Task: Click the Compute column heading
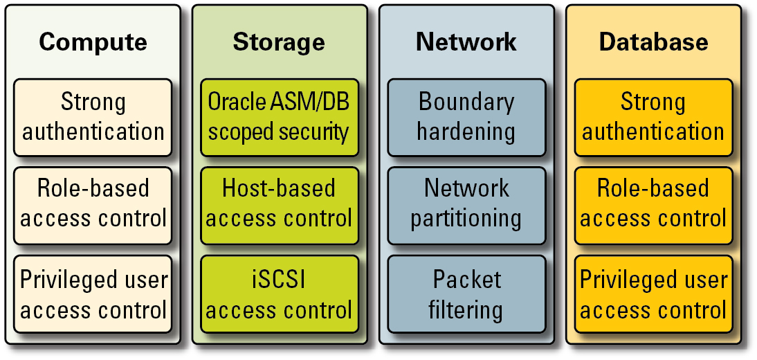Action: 93,42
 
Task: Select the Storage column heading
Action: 279,42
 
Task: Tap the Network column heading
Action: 466,42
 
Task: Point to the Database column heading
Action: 653,42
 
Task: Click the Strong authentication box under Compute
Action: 93,117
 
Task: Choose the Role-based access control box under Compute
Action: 93,205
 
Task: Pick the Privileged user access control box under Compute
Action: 93,295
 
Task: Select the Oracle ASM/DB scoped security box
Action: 280,117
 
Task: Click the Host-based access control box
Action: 280,205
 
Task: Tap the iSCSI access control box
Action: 280,295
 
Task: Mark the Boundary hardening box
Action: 466,117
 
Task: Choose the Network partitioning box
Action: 466,205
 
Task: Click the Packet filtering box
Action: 466,295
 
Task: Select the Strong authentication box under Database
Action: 653,117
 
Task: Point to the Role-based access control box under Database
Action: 653,205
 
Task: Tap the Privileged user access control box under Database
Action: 653,295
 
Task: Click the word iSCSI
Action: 279,280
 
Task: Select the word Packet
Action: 466,280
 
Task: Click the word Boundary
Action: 466,102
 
